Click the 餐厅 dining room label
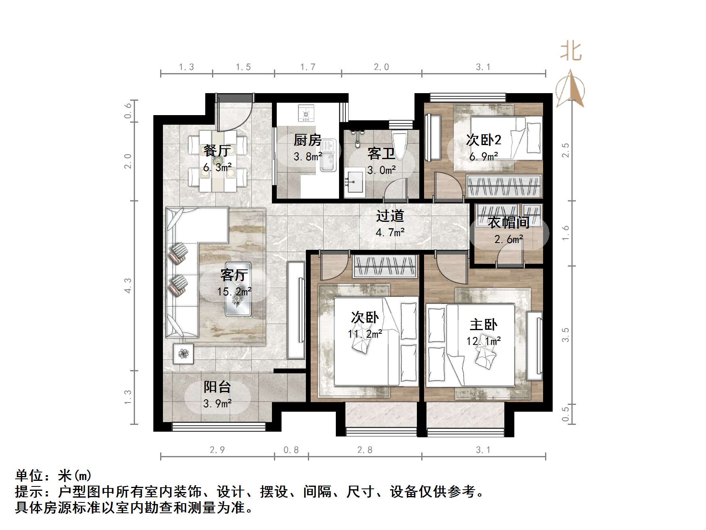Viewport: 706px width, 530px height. point(217,150)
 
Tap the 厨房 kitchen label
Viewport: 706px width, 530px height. point(307,140)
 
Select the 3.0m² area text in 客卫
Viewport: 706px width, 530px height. point(381,170)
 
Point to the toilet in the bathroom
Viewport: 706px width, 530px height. point(399,141)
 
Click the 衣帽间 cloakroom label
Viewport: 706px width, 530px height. point(508,222)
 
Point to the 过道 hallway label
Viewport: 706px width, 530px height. point(390,216)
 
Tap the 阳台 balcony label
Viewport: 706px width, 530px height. point(217,387)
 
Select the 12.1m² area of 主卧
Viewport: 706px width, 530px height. point(483,341)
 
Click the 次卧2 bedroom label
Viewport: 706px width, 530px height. point(484,140)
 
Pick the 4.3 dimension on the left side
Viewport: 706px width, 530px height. point(128,285)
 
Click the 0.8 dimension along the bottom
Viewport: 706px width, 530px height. point(291,450)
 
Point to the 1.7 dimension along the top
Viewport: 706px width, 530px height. point(308,67)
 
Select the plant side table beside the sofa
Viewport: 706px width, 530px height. point(183,354)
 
